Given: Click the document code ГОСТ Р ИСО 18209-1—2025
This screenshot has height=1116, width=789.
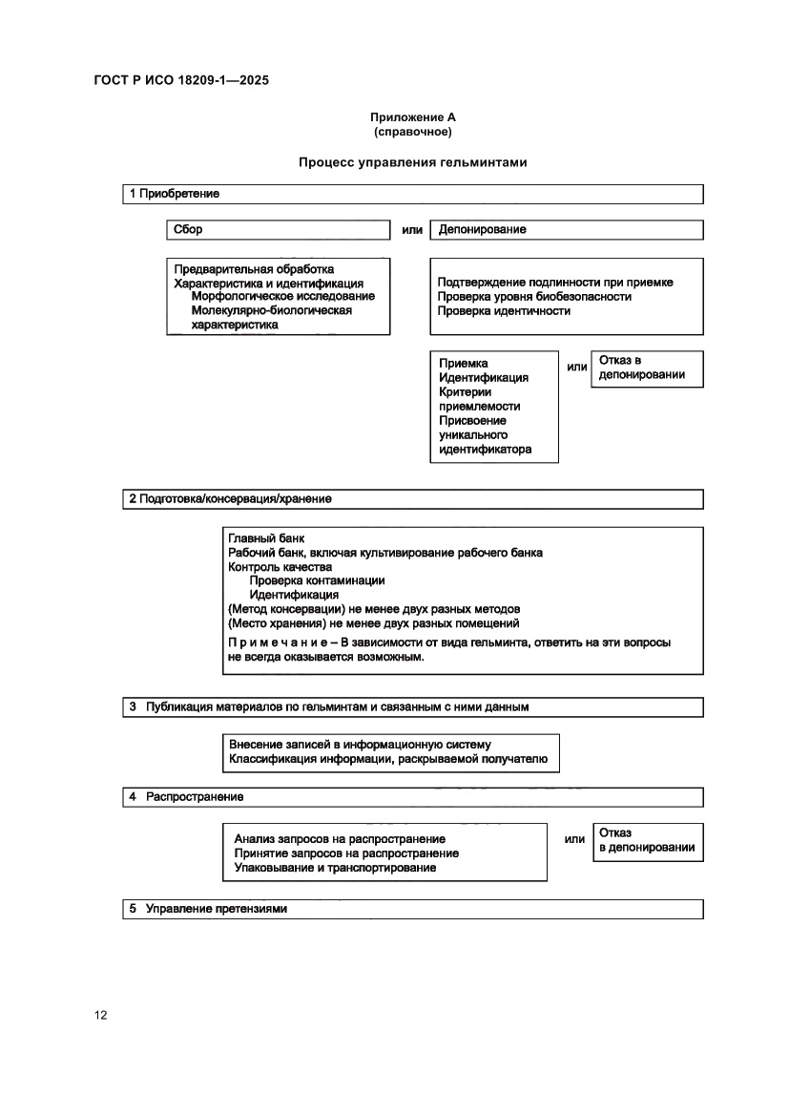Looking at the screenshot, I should click(181, 81).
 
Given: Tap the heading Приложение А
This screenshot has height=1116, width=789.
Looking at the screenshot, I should click(413, 117).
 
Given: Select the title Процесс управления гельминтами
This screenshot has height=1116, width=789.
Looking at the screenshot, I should click(413, 162).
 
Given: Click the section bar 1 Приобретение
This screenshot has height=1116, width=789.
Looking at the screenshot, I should click(412, 194).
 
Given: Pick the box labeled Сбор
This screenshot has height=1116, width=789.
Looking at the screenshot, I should click(278, 229).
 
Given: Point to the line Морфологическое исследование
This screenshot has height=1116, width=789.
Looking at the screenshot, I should click(283, 296).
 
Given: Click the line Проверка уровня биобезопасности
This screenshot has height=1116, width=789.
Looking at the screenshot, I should click(534, 296).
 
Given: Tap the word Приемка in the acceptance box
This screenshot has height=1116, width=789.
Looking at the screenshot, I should click(464, 363).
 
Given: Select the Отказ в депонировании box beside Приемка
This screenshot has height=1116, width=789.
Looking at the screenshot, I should click(647, 368).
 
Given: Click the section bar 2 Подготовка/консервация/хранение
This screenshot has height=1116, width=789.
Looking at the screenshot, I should click(412, 499).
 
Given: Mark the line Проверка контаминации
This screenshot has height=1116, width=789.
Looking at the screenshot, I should click(317, 579).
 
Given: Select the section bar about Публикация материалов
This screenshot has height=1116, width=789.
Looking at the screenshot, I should click(412, 707).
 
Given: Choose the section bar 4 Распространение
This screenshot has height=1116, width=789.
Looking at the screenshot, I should click(412, 796).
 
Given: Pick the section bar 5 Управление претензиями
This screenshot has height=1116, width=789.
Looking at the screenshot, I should click(412, 909).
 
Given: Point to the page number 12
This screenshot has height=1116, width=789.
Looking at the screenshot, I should click(100, 1015).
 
